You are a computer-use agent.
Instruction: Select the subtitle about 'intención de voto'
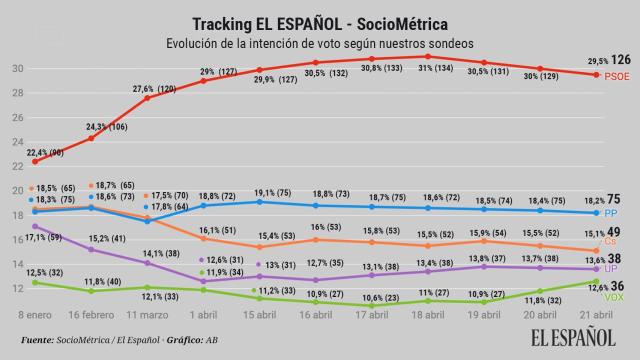(x=319, y=43)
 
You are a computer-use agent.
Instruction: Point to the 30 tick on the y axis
(x=17, y=69)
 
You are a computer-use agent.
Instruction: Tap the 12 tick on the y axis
(x=17, y=288)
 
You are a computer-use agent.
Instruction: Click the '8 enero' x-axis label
(x=34, y=312)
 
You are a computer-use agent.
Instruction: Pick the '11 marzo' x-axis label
(x=147, y=312)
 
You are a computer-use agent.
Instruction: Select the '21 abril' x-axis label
(x=597, y=312)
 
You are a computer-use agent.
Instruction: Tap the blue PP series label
(x=612, y=214)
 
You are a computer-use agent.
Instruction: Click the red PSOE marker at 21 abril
(x=597, y=75)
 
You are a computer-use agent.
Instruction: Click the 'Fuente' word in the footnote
(x=38, y=340)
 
